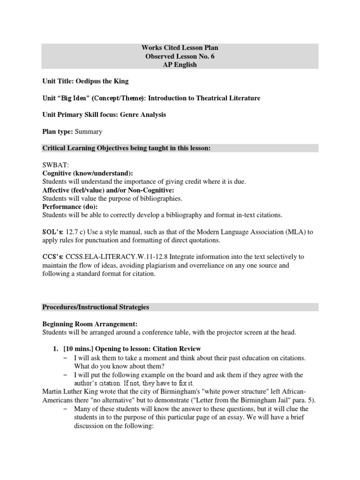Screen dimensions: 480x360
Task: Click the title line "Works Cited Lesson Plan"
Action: click(180, 48)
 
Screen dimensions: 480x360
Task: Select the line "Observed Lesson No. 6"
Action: click(180, 56)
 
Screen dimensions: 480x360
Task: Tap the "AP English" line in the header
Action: click(180, 65)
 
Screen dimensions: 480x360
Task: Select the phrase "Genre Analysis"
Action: click(143, 114)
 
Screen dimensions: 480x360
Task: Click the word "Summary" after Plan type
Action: click(89, 132)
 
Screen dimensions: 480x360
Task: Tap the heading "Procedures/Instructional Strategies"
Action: click(96, 307)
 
